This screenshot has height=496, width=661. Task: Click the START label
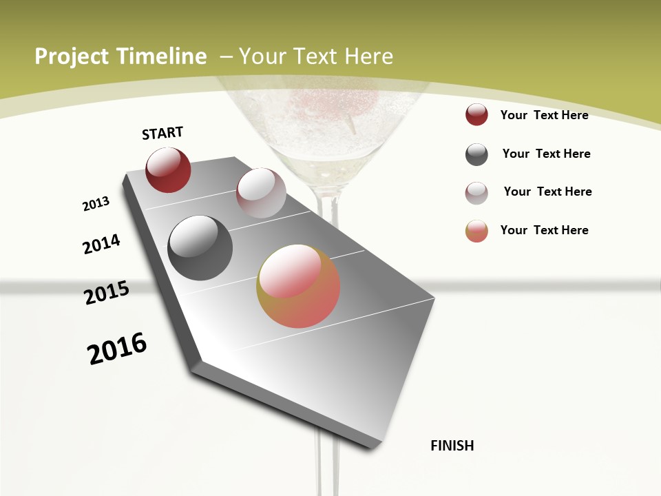[x=162, y=133]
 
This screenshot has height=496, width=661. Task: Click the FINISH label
[x=452, y=446]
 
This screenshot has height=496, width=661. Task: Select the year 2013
[x=96, y=204]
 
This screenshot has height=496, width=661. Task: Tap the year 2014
[x=101, y=244]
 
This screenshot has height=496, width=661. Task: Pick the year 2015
[x=107, y=293]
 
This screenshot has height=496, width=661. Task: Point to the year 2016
[x=117, y=348]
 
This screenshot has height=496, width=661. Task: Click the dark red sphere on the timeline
[x=168, y=170]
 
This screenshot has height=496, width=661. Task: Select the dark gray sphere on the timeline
[x=200, y=248]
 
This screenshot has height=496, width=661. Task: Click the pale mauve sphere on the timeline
[x=261, y=193]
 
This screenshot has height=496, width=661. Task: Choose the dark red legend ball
[x=476, y=115]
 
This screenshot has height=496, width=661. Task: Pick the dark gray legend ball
[x=476, y=154]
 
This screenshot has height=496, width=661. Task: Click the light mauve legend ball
[x=476, y=193]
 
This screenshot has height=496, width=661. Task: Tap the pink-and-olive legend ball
[x=476, y=231]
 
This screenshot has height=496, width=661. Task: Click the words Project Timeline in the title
[x=120, y=56]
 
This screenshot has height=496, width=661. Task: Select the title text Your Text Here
[x=316, y=56]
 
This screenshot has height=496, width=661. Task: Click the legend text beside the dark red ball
[x=544, y=115]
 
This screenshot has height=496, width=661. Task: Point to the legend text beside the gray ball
[x=546, y=154]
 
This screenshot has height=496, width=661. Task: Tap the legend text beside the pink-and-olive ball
[x=544, y=230]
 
